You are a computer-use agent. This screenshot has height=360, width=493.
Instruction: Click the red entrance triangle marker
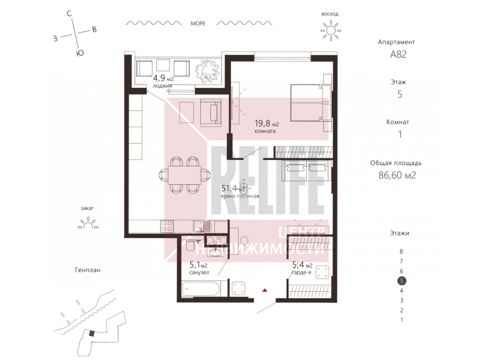tap(265, 290)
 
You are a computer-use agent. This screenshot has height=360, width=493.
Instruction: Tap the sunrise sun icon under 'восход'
tap(331, 30)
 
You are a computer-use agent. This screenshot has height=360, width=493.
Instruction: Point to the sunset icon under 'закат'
tap(88, 223)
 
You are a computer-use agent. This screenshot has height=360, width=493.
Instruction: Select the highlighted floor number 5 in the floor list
tap(402, 281)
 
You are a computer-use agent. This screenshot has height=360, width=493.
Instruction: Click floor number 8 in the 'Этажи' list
tap(401, 252)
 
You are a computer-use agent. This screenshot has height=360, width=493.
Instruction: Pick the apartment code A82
tap(398, 55)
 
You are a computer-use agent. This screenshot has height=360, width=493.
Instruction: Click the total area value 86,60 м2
tap(398, 175)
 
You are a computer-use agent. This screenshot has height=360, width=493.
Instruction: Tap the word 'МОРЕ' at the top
tap(198, 24)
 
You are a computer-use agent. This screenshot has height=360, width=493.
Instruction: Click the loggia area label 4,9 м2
tap(163, 78)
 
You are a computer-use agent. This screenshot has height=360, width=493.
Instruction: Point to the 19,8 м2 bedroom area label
tap(266, 123)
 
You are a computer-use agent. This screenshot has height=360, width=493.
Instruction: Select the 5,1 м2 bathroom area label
tap(198, 265)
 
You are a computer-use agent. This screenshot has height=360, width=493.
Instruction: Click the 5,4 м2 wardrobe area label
tap(302, 265)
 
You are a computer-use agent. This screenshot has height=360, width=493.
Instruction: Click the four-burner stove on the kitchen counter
tap(167, 226)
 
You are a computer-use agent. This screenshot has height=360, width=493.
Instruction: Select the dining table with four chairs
tap(185, 175)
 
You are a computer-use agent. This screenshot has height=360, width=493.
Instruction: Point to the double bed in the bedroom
tap(311, 102)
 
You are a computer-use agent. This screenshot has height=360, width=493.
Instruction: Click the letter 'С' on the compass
tap(69, 14)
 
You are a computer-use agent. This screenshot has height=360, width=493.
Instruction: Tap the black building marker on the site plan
tap(91, 334)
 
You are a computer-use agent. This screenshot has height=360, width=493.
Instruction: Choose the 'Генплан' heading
tap(88, 270)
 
